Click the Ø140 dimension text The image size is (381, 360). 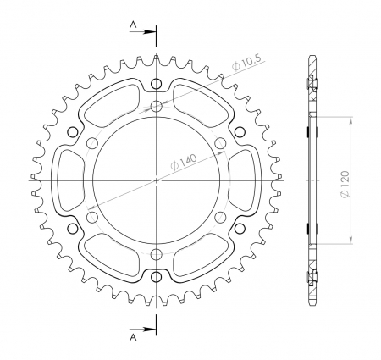click(x=184, y=163)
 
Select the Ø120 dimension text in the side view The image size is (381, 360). click(x=345, y=184)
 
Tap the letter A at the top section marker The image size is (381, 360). click(x=133, y=25)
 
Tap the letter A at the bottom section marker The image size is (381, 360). click(x=133, y=337)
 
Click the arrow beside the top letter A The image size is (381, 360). click(x=143, y=32)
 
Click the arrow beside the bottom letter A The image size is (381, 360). click(x=143, y=330)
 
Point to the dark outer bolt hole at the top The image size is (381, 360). click(x=157, y=84)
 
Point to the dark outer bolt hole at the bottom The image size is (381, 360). click(x=157, y=277)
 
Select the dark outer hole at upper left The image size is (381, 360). click(x=73, y=132)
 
